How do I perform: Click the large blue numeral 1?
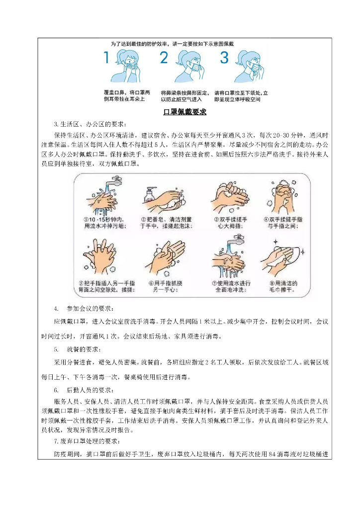106,57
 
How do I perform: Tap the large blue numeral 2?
164,57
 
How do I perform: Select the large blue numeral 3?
224,57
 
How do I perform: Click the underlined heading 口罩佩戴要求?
184,112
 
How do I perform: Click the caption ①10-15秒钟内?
104,219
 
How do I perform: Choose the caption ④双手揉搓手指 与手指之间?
283,223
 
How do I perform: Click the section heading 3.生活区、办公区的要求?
90,124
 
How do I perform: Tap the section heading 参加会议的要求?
90,308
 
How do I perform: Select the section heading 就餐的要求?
84,349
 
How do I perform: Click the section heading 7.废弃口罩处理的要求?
87,441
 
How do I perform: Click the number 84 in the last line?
272,454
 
